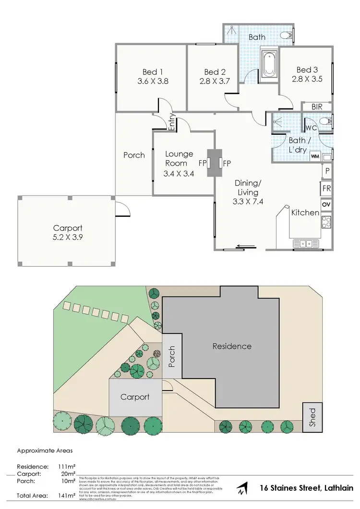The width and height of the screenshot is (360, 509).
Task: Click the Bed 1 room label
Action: [x=150, y=71]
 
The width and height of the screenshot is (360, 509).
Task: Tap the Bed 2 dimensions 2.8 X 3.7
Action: [x=212, y=81]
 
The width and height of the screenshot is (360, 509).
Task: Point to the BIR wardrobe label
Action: [x=317, y=107]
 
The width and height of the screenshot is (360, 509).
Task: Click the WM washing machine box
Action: [x=315, y=156]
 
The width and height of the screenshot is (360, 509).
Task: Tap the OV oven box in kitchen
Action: [x=326, y=205]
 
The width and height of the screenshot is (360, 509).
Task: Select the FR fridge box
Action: [x=326, y=188]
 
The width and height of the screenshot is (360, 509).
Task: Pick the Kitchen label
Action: [x=305, y=213]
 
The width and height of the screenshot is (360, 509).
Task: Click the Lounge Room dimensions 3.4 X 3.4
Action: [x=179, y=174]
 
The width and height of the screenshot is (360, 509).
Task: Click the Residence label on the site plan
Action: [x=232, y=346]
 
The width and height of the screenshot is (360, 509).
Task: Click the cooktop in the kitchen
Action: [x=326, y=222]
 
